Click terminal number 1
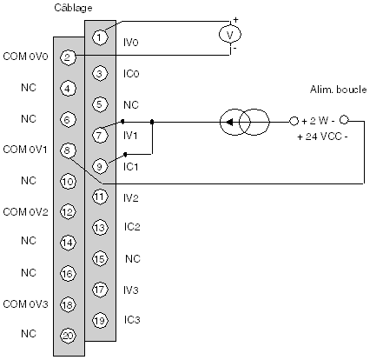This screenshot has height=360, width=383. point(99,37)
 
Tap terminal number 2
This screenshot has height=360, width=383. point(68,57)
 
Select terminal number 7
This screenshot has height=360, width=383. point(99,135)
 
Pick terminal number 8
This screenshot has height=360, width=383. point(68,150)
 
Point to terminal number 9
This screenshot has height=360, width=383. point(99,166)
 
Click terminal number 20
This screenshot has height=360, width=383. point(68,336)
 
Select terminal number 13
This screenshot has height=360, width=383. point(100,228)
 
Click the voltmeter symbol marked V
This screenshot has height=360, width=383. point(230,35)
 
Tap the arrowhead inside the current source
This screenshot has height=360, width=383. point(229,123)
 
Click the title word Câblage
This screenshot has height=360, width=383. point(73,8)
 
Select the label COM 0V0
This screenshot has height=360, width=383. point(25,57)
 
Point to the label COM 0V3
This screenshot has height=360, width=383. point(25,304)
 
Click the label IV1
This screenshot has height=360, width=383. point(130,135)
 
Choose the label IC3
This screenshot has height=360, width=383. point(132,320)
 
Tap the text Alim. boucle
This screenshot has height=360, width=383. point(338,90)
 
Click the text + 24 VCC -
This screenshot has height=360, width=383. point(322,137)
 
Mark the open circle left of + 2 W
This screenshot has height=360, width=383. point(294,121)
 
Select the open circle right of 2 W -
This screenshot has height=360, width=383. point(344,120)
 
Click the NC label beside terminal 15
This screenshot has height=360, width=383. point(133,258)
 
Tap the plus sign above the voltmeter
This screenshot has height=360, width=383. point(236,20)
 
